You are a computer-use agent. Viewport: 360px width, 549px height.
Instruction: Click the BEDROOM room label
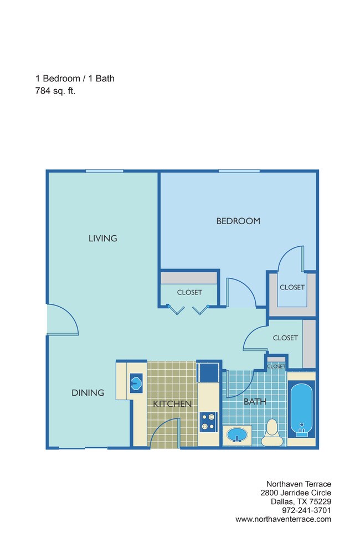coord(238,221)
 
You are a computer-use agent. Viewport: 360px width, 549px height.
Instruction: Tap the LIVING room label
coord(102,239)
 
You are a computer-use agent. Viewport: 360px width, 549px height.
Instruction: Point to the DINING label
coord(88,393)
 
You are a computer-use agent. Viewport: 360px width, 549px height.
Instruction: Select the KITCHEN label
coord(172,404)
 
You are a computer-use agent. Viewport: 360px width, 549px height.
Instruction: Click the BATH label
coord(255,402)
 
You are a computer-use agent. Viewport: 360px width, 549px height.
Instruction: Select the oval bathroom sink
coord(236,435)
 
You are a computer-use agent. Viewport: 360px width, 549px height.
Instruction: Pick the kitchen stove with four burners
coord(208,421)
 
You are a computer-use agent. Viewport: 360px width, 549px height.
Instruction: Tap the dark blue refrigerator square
coord(209,371)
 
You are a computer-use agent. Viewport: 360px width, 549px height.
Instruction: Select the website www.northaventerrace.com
coord(283,519)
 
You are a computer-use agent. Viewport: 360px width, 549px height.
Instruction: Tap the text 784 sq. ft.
coord(55,91)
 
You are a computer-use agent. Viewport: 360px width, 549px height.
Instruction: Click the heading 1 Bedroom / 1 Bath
coord(75,78)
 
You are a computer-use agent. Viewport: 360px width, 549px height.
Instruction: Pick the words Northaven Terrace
coord(299,484)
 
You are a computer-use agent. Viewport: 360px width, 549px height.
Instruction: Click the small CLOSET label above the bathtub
coord(275,366)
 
